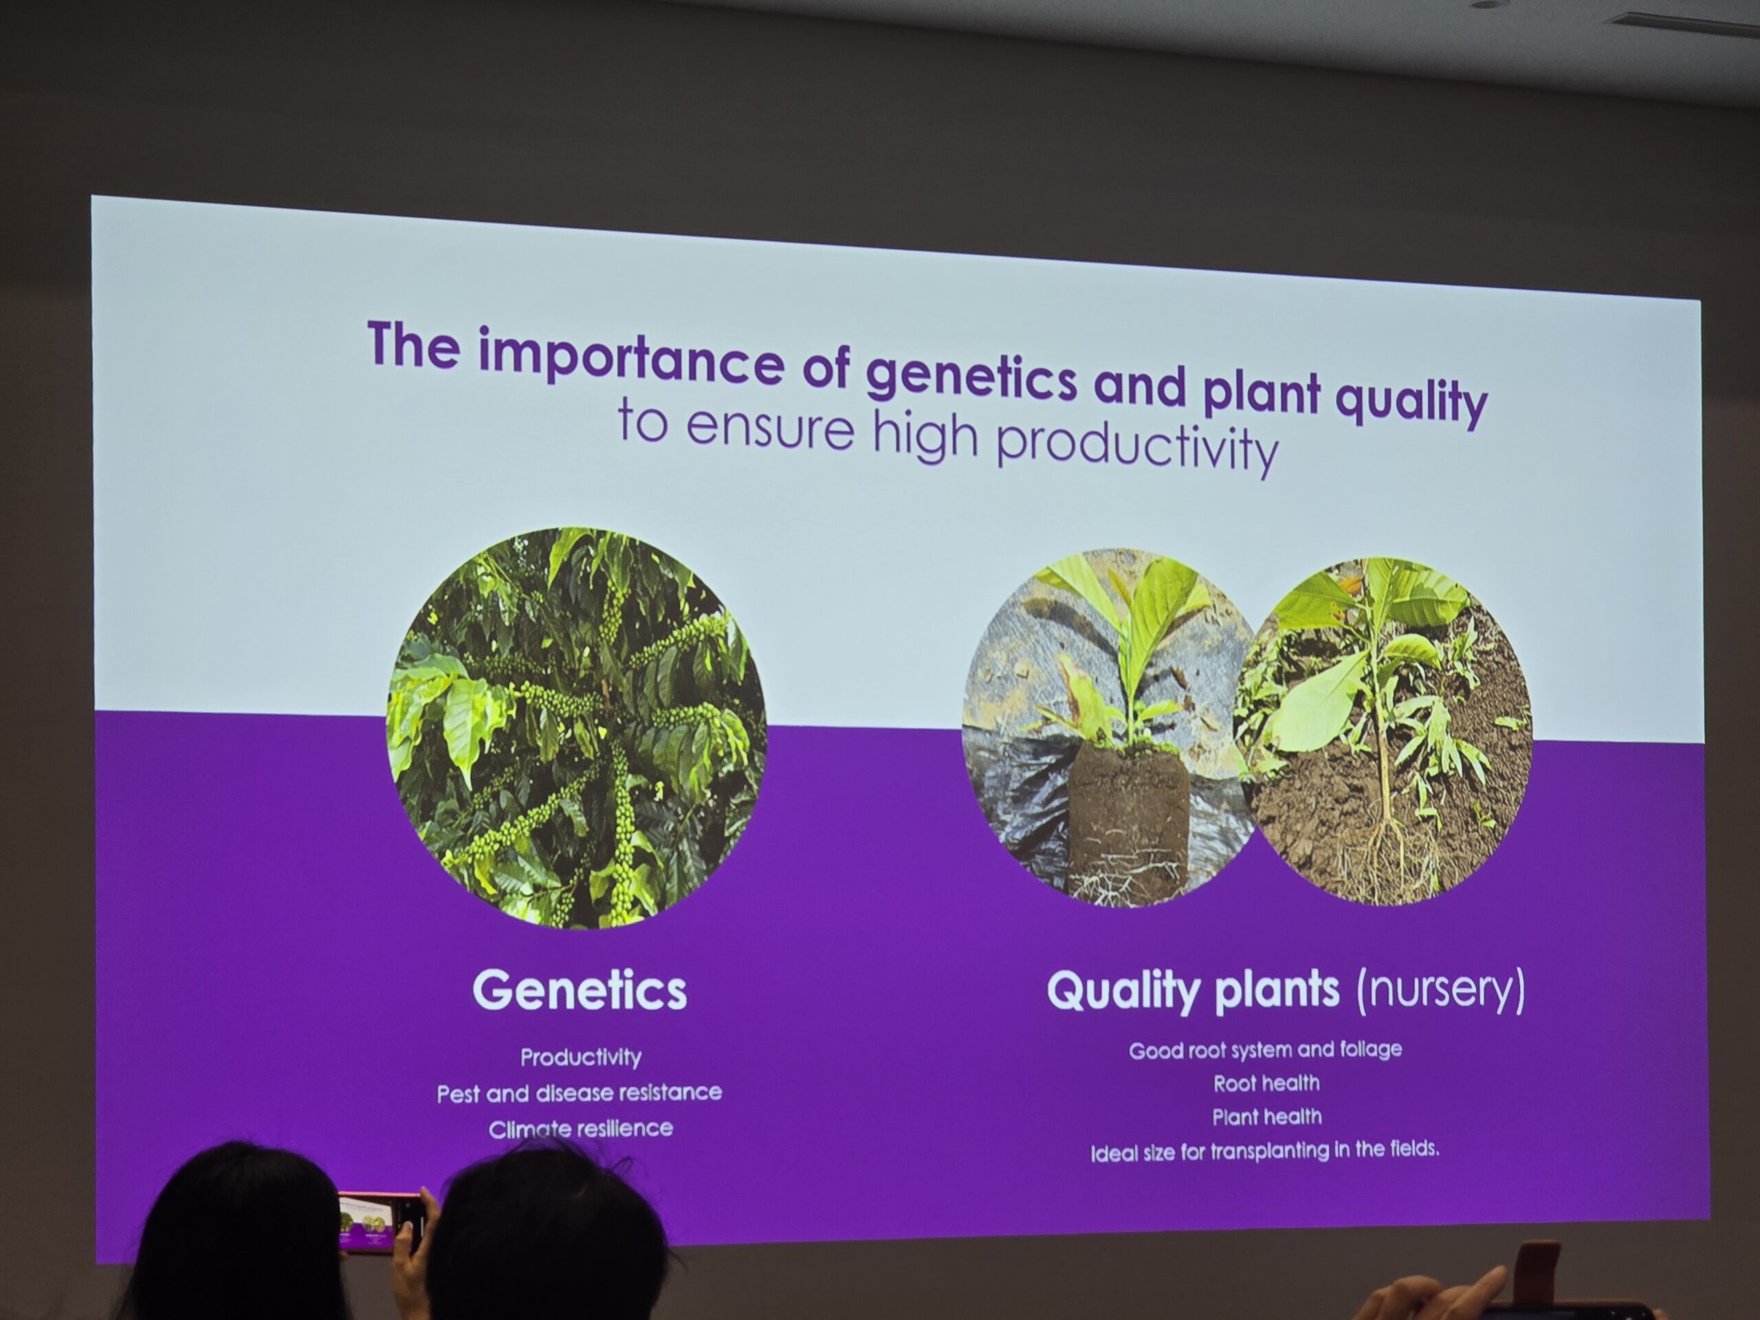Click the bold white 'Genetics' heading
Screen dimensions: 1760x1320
(x=580, y=990)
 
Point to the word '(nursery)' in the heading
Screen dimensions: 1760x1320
(x=1441, y=990)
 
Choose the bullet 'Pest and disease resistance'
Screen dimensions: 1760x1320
(x=580, y=1092)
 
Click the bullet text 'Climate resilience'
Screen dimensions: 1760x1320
(x=581, y=1128)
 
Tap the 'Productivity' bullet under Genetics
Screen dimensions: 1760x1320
(x=581, y=1057)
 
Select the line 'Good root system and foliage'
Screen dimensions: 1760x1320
(x=1265, y=1050)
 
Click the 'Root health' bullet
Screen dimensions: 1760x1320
(x=1266, y=1083)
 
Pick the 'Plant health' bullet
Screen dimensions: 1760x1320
(x=1266, y=1116)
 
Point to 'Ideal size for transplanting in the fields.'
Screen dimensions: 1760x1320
(x=1264, y=1150)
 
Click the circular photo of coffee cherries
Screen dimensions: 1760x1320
(x=576, y=727)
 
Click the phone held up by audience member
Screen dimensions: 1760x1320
(x=380, y=1222)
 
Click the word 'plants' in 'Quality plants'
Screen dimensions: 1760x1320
(x=1277, y=991)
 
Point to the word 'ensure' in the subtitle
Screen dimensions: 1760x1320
(x=769, y=426)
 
